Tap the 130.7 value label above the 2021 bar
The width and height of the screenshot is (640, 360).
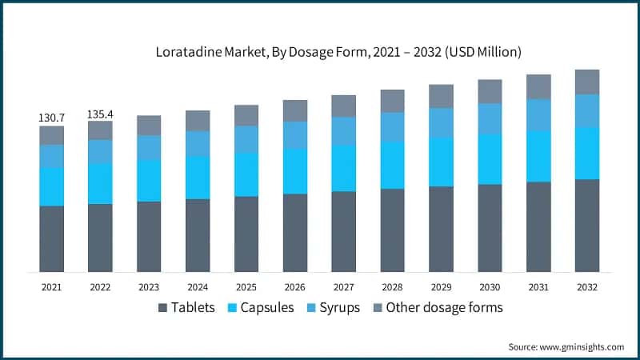tap(52, 118)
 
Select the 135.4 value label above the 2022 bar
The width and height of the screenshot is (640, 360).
tap(100, 114)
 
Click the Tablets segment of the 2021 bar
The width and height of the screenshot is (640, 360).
tap(52, 238)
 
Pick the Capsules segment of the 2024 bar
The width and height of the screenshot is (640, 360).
tap(198, 177)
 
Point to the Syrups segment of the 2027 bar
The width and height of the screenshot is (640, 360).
tap(343, 131)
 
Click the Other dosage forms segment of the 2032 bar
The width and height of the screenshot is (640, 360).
tap(587, 82)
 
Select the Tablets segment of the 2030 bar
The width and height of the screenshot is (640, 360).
tap(490, 228)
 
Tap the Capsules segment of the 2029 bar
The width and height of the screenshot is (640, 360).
tap(441, 162)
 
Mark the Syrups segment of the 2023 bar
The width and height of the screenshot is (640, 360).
tap(149, 147)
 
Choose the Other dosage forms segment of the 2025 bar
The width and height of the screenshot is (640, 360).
tap(246, 115)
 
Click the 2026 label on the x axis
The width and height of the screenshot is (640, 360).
tap(295, 286)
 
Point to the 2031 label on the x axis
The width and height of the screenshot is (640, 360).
tap(538, 286)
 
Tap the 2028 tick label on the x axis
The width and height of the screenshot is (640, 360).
tap(392, 286)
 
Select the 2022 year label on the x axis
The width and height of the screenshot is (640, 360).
tap(100, 286)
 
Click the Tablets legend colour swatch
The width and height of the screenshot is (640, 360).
tap(163, 308)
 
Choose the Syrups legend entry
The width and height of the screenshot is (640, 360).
tap(334, 308)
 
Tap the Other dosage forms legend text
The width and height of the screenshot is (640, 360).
tap(444, 308)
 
